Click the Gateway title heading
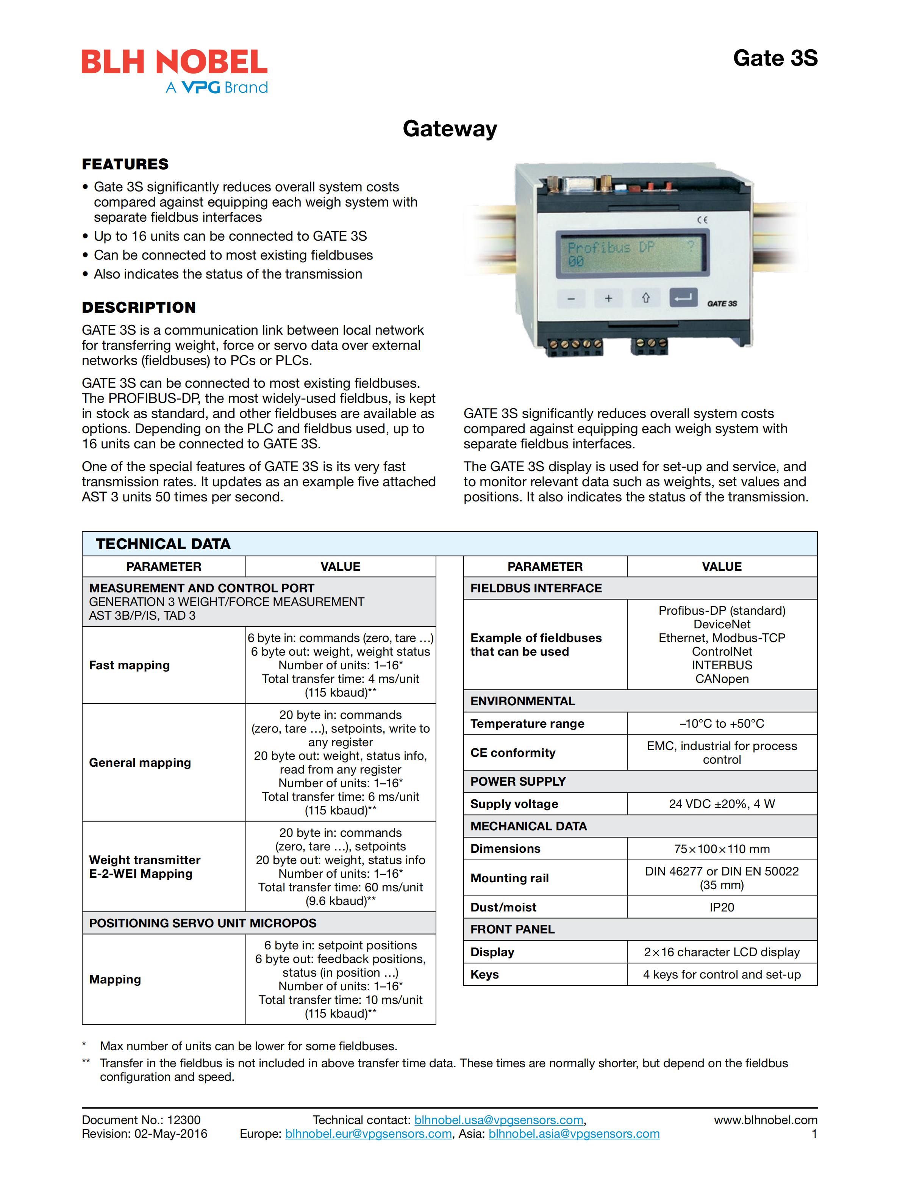click(450, 129)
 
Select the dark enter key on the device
click(683, 297)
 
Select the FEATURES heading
click(125, 164)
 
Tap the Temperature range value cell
click(721, 723)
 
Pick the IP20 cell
click(721, 907)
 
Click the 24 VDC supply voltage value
click(721, 804)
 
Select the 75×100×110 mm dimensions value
click(721, 849)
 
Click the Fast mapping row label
click(129, 666)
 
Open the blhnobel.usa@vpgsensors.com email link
click(499, 1120)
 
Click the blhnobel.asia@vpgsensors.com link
click(574, 1134)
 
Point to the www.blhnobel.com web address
click(766, 1120)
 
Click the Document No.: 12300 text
click(141, 1120)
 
